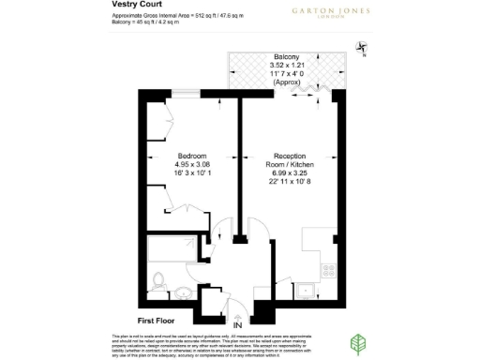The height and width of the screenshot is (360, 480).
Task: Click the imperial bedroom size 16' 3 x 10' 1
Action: click(192, 172)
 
